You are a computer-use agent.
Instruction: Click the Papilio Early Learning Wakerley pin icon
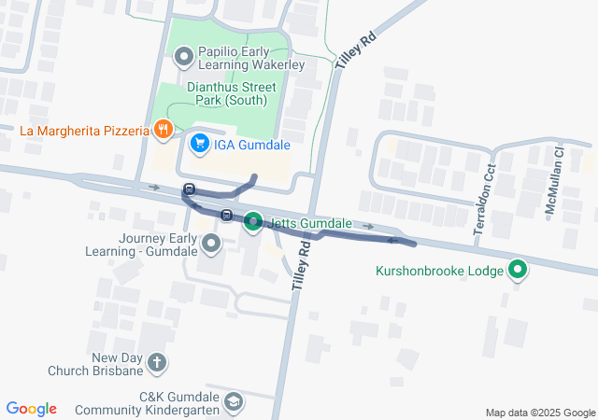(x=184, y=58)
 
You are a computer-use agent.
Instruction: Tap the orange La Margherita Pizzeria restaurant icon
(x=164, y=131)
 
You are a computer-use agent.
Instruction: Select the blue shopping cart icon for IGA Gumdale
(x=199, y=144)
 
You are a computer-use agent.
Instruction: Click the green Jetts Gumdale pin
(x=253, y=223)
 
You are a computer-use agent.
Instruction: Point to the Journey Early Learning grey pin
(x=211, y=245)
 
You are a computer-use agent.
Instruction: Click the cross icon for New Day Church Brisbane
(x=158, y=362)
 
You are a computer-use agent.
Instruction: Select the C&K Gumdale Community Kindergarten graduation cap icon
(x=233, y=402)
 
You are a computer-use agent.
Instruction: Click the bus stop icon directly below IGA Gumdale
(x=190, y=189)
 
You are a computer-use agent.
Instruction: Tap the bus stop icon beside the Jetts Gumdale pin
(x=226, y=216)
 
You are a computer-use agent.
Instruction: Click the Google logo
(x=31, y=409)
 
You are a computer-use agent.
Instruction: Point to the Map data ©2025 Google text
(x=539, y=413)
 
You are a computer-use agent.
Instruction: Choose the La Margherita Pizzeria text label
(x=84, y=131)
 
